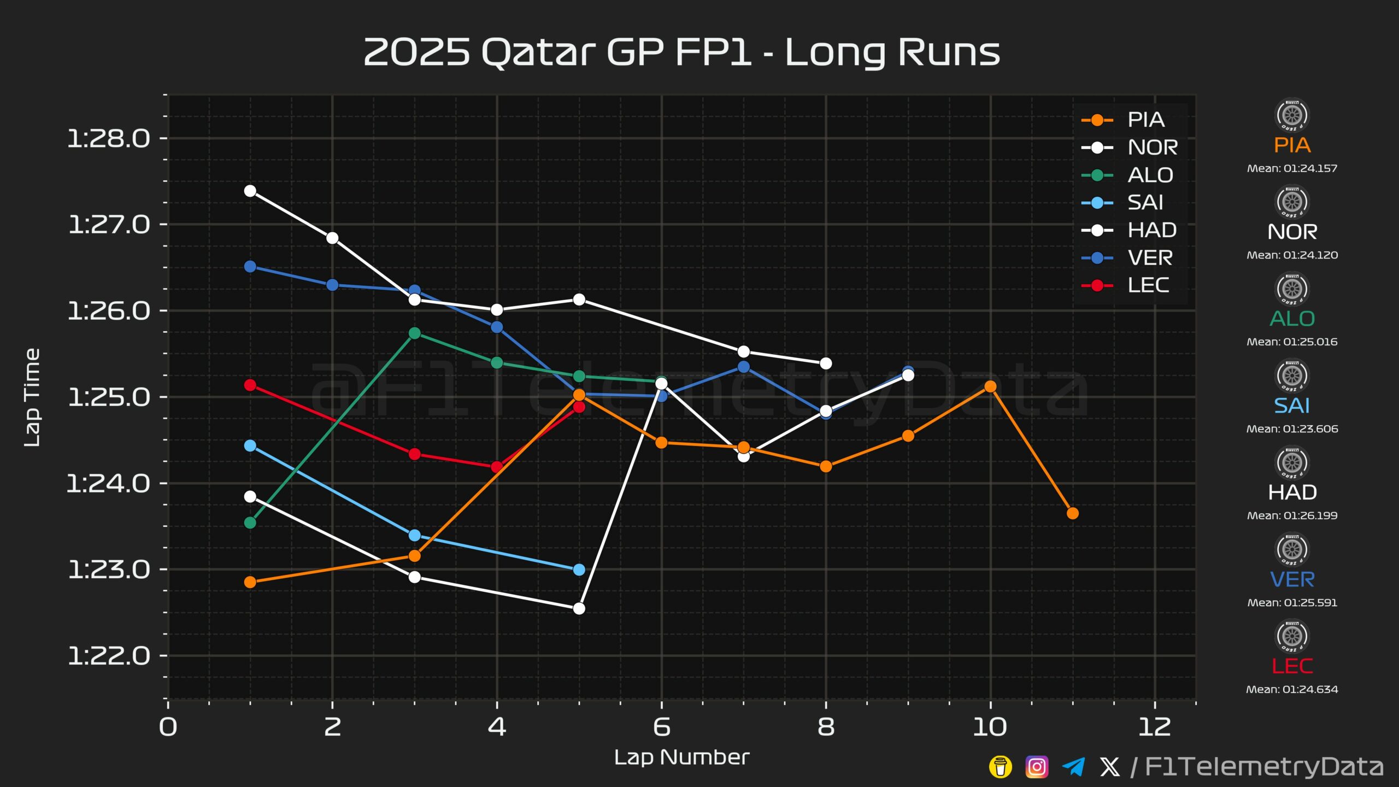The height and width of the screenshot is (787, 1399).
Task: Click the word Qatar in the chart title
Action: coord(538,53)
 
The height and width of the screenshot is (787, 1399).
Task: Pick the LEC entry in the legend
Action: coord(1125,285)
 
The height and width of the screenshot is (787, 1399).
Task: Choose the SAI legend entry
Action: coord(1122,203)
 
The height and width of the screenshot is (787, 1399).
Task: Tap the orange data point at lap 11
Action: coord(1073,513)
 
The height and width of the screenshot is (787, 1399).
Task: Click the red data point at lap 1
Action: coord(250,385)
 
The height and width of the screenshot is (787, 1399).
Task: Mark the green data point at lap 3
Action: coord(415,333)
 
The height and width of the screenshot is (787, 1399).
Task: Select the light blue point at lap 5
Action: coord(579,570)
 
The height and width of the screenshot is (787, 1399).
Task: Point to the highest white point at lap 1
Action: coord(250,191)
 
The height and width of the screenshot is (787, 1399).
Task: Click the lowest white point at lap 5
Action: coord(579,609)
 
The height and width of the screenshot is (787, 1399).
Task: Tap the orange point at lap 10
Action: coord(990,386)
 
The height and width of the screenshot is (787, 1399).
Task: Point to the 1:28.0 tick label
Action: coord(109,139)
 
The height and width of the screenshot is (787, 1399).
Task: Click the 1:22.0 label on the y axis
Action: coord(109,656)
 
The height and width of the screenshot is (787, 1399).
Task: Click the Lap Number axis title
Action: coord(681,757)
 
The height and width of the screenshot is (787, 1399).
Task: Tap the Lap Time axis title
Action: coord(32,398)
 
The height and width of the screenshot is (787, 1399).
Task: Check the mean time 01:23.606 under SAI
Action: coord(1292,429)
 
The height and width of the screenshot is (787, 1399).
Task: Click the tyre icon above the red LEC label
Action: coord(1292,636)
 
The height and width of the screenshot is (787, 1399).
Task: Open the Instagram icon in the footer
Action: coord(1037,767)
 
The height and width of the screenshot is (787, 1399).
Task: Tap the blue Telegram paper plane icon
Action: coord(1073,767)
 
